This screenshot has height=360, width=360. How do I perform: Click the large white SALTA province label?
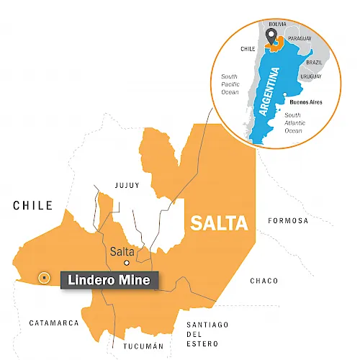pos(219,223)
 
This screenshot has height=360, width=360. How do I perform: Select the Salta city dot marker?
pos(127,264)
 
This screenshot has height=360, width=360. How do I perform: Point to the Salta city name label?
pos(122,251)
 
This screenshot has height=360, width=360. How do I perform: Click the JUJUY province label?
pos(127,186)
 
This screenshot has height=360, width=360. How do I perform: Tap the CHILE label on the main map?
pos(32,206)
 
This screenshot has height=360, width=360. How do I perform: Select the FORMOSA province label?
pos(287,220)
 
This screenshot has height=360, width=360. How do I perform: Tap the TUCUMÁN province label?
pos(134,346)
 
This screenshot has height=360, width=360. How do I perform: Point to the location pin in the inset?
pos(271,35)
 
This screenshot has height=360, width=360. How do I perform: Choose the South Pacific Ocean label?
pos(230,84)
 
